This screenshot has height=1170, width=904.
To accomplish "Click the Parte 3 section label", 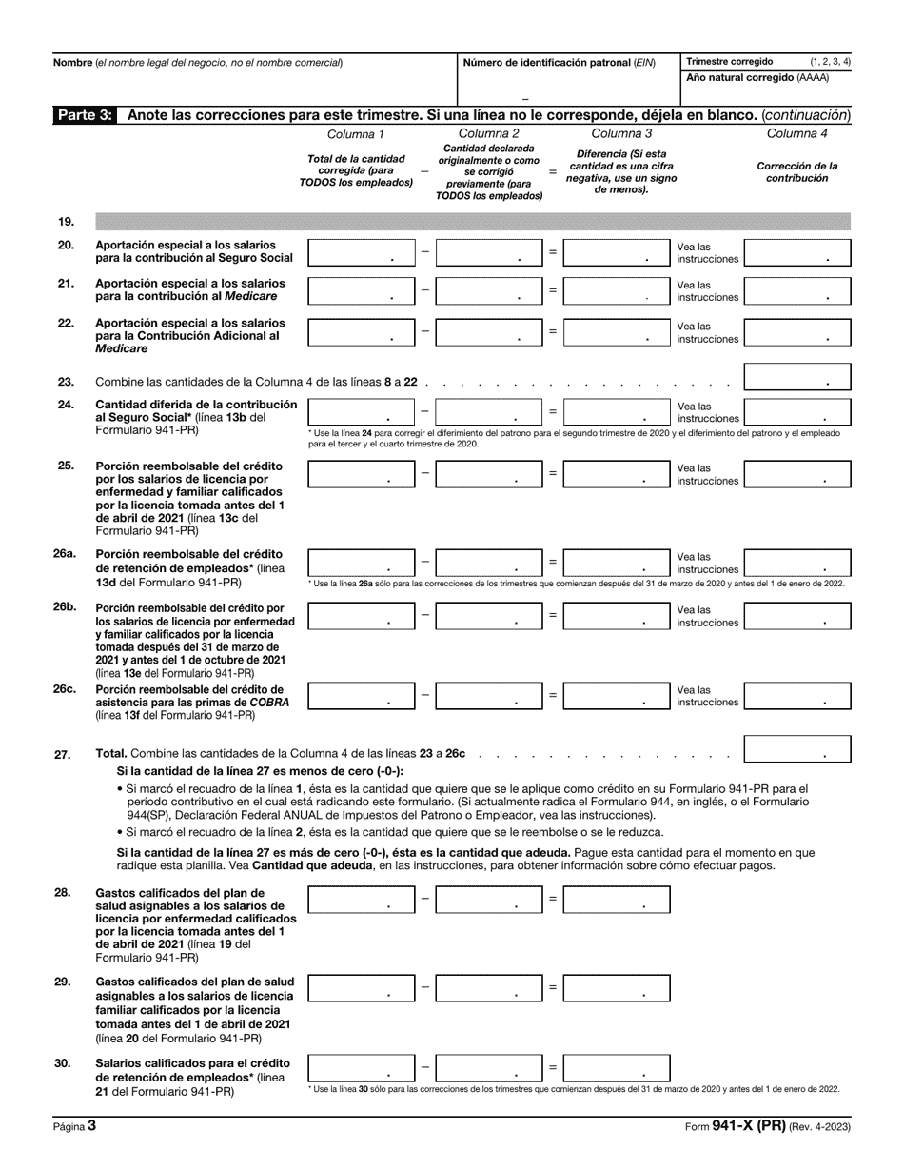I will click(86, 115).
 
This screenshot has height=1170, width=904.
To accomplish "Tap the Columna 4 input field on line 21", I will click(796, 290).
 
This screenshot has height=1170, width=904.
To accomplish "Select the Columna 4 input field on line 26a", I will click(796, 562).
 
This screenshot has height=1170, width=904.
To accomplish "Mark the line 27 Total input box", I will click(796, 749).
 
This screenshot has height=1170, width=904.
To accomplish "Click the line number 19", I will click(66, 222).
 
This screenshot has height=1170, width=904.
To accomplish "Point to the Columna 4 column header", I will click(796, 133).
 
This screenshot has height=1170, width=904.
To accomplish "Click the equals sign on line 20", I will click(553, 252).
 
